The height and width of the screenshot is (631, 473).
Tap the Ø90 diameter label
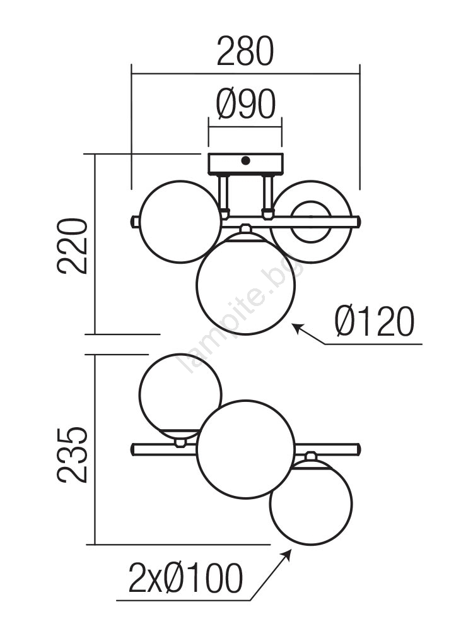click(246, 104)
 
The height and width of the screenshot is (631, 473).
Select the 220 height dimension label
click(73, 246)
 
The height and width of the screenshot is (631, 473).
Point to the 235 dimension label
click(73, 455)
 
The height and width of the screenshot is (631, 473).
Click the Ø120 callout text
click(375, 322)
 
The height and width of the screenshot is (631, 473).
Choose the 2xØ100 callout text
click(185, 578)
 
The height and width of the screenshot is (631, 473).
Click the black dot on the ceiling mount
click(245, 161)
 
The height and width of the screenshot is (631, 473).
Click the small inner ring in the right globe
click(310, 222)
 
